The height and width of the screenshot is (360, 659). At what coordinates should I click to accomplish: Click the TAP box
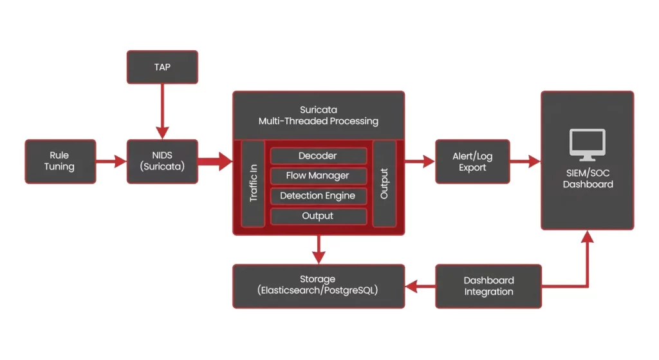click(x=162, y=67)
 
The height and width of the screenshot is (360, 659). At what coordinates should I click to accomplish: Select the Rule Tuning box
click(x=60, y=161)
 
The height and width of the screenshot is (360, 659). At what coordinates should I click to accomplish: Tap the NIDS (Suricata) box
click(x=162, y=161)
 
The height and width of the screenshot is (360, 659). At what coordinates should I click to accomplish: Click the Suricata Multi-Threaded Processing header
click(x=318, y=115)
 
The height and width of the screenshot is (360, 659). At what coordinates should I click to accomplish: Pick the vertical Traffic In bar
click(x=253, y=183)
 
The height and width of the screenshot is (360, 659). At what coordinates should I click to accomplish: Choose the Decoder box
click(x=318, y=156)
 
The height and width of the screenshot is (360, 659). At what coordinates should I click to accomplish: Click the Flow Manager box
click(x=318, y=176)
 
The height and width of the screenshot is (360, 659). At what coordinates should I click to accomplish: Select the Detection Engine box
click(x=318, y=196)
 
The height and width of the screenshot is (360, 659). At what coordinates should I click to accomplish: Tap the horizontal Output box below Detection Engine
click(x=318, y=216)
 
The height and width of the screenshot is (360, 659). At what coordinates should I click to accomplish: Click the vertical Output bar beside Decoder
click(x=384, y=183)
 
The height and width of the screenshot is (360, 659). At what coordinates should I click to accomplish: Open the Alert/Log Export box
click(x=472, y=161)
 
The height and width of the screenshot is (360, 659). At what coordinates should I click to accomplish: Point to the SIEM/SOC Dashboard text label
click(x=587, y=178)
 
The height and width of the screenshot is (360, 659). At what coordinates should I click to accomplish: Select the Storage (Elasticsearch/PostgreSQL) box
click(x=318, y=285)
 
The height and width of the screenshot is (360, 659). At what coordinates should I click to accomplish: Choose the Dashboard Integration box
click(x=488, y=285)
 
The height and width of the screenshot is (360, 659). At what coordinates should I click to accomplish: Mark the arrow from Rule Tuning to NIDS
click(x=111, y=161)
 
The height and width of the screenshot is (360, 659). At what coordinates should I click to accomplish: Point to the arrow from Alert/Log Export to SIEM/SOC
click(x=524, y=161)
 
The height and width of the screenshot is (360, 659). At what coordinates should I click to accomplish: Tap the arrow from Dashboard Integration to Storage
click(x=420, y=285)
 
